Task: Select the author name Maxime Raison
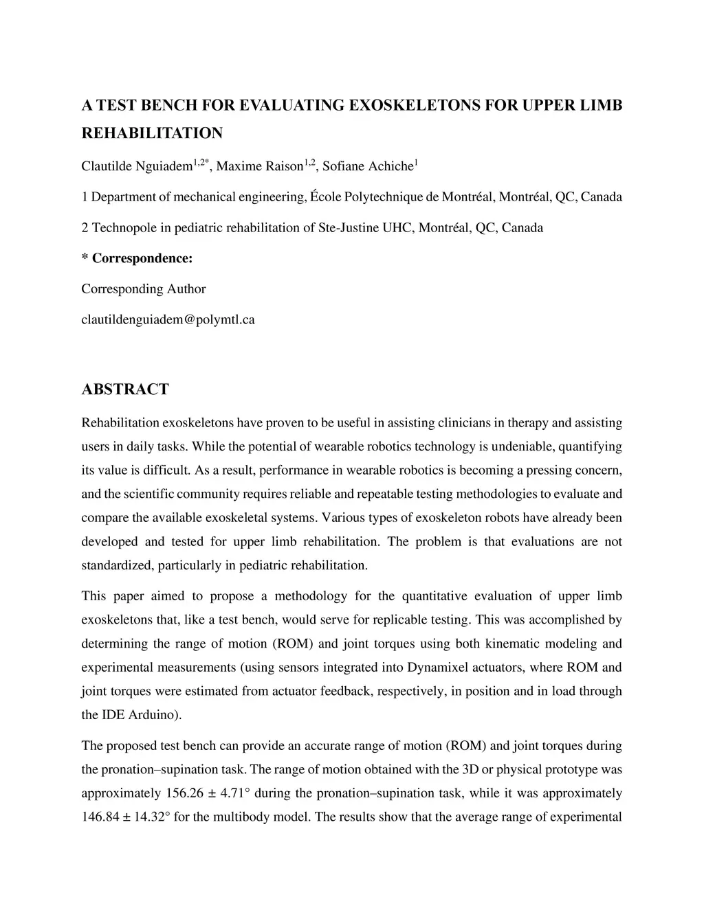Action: click(260, 166)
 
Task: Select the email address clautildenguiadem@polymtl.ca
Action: click(168, 319)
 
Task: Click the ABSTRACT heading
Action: click(125, 389)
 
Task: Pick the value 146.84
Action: click(101, 817)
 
